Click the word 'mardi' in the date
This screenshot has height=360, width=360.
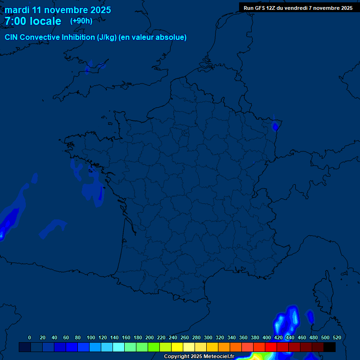pyautogui.click(x=17, y=10)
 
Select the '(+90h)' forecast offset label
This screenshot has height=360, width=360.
pyautogui.click(x=81, y=21)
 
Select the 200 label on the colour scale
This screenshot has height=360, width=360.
pyautogui.click(x=150, y=337)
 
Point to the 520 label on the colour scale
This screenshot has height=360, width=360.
pyautogui.click(x=337, y=337)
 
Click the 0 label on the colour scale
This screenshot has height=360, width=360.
pyautogui.click(x=30, y=337)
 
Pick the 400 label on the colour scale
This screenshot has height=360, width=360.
pyautogui.click(x=266, y=337)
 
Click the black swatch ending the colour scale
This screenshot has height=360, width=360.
pyautogui.click(x=330, y=347)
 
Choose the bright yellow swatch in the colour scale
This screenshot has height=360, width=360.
pyautogui.click(x=177, y=347)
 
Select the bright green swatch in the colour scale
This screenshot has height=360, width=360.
pyautogui.click(x=154, y=347)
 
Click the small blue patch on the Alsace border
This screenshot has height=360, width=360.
pyautogui.click(x=276, y=125)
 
